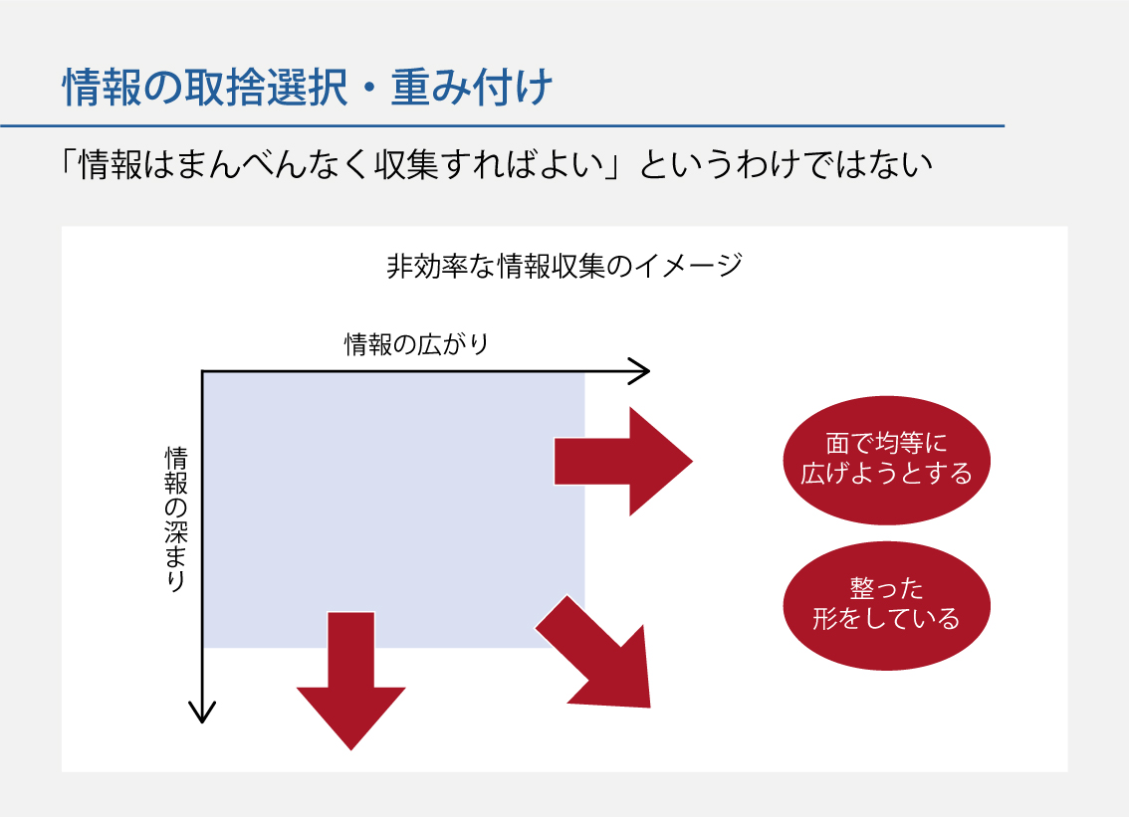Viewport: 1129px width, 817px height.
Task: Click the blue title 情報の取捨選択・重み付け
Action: tap(308, 88)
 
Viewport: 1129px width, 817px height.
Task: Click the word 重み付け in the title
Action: tap(472, 88)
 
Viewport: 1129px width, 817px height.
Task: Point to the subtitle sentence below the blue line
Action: tap(497, 165)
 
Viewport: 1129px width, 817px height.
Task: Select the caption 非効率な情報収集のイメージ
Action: tap(564, 266)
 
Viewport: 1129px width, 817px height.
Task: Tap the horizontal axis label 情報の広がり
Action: tap(417, 344)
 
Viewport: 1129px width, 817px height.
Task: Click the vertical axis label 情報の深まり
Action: tap(175, 519)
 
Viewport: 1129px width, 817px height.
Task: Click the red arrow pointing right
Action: tap(623, 462)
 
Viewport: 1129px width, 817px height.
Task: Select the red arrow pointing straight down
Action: tap(351, 681)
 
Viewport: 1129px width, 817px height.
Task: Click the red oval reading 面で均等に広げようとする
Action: tap(886, 460)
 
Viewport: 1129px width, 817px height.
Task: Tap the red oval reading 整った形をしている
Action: tap(886, 605)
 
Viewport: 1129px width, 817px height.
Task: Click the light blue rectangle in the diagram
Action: tap(394, 510)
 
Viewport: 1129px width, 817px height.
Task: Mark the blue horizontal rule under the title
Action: tap(502, 126)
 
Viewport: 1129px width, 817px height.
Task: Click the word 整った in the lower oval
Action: tap(886, 589)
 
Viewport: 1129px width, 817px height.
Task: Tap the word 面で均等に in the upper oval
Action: tap(886, 444)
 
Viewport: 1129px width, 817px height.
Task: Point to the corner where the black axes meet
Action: tap(202, 371)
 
